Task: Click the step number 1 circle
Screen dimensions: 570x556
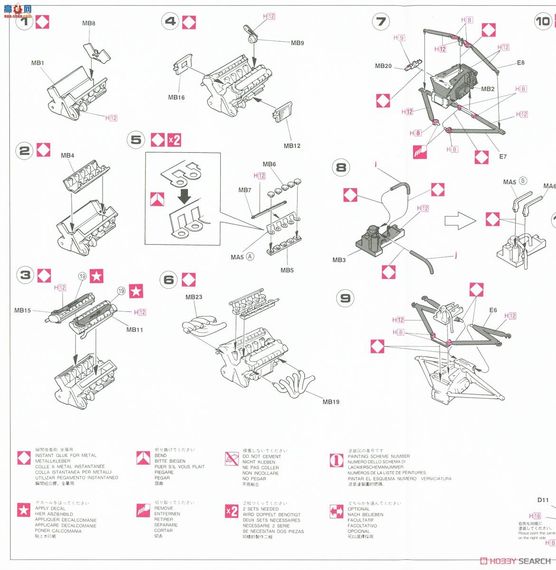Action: (x=25, y=21)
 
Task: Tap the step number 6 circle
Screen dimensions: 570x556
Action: (x=169, y=280)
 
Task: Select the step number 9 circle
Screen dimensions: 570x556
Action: (x=345, y=298)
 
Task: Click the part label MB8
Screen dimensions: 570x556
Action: (x=89, y=23)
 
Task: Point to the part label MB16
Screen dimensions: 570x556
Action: (x=176, y=97)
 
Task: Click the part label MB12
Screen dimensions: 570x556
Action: (x=292, y=146)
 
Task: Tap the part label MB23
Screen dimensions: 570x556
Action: (x=194, y=297)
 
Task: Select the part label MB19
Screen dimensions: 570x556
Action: (x=331, y=402)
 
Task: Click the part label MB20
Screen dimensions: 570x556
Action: (x=383, y=66)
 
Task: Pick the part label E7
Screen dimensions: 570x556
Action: (x=503, y=156)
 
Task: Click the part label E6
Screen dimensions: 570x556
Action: (x=493, y=310)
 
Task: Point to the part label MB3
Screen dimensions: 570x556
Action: (x=339, y=260)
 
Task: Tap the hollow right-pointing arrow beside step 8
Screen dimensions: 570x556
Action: (x=460, y=221)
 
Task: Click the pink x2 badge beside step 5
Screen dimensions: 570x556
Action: (x=174, y=140)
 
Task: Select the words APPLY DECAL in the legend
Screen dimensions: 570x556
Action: (x=50, y=509)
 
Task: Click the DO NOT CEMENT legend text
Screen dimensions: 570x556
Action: (x=262, y=456)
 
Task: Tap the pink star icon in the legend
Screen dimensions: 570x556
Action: (x=24, y=510)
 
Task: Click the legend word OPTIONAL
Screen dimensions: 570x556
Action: (x=358, y=509)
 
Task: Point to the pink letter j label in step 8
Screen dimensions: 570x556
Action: (x=455, y=255)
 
